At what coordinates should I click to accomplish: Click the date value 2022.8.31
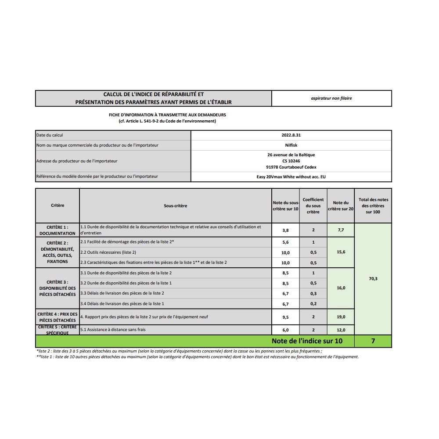291,135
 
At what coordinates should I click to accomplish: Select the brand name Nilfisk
291,145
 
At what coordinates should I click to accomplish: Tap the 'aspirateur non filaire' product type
331,98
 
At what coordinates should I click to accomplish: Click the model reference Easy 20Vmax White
291,176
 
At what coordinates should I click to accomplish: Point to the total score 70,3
373,278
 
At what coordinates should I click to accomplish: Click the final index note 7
373,341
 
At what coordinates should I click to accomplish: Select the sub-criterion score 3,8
285,230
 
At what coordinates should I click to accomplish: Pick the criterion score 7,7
341,230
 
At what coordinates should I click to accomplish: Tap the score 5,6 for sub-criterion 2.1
285,242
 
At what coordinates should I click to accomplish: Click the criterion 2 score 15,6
341,252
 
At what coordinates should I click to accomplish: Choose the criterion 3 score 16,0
341,288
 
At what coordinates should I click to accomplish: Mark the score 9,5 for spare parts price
285,317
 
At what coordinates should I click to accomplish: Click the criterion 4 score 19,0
341,317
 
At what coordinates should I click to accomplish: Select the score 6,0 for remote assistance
285,330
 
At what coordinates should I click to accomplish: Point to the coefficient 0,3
313,293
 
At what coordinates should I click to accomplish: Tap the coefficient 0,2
313,304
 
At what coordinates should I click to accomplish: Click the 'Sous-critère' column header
176,205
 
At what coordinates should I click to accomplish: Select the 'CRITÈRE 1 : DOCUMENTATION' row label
58,230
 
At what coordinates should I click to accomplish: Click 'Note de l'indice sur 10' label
307,341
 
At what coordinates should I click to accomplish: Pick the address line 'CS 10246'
291,161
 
